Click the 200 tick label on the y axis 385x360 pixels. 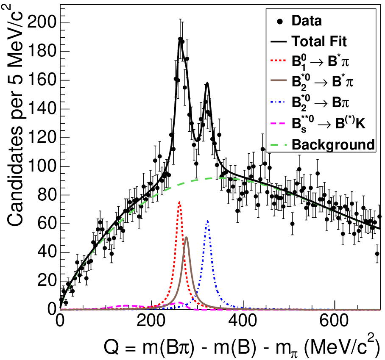[x=42, y=23]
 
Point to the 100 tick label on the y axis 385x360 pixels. [x=42, y=166]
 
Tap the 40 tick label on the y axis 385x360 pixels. [x=47, y=252]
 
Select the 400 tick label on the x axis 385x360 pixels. [x=243, y=321]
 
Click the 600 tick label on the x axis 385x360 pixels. [x=334, y=321]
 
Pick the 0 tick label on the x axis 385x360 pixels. [x=60, y=321]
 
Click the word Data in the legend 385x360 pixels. [x=307, y=21]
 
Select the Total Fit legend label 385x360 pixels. [x=319, y=41]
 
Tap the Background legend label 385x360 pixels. [x=333, y=145]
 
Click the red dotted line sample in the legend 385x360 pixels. [x=279, y=60]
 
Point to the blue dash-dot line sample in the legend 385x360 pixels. [x=279, y=101]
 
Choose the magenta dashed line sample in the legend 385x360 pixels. [x=279, y=123]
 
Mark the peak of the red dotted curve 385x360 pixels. [x=179, y=202]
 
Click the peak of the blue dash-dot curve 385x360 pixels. [x=208, y=221]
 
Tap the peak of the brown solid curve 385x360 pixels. [x=187, y=237]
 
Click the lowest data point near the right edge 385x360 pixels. [x=377, y=254]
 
